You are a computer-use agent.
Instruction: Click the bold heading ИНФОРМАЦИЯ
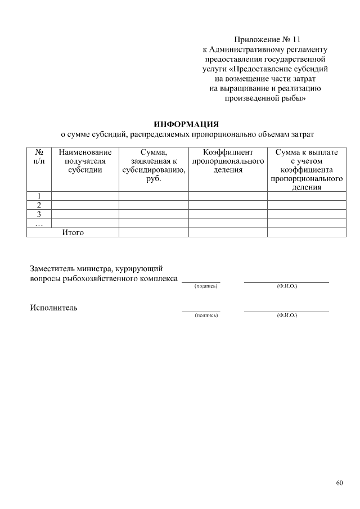pos(186,124)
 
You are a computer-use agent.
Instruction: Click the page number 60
pos(339,483)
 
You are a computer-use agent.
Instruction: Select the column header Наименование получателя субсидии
pos(85,161)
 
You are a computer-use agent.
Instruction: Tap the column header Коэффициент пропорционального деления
pos(228,161)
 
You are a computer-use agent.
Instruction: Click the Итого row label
pos(73,232)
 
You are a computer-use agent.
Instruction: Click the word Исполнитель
pos(54,308)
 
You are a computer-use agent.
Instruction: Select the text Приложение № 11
pos(267,40)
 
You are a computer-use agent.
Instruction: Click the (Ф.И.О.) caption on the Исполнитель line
pos(287,316)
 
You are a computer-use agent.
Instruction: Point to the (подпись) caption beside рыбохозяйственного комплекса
pos(205,286)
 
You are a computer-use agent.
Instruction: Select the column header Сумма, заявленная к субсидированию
pos(154,165)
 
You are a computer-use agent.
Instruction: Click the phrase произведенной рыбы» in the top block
pos(265,98)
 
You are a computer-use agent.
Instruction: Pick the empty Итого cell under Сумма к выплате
pos(307,232)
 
